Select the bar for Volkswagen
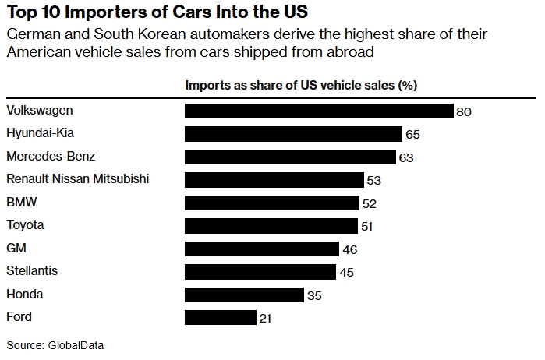(x=319, y=111)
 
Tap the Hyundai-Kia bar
(x=293, y=134)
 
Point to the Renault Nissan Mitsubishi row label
(x=77, y=179)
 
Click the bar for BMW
(x=272, y=203)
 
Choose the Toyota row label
(x=25, y=225)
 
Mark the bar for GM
(x=262, y=249)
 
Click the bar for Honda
(x=244, y=295)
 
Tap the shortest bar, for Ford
(x=221, y=318)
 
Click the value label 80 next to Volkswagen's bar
(x=465, y=112)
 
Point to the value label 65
(x=413, y=135)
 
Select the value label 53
(x=374, y=181)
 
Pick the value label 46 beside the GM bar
(x=349, y=250)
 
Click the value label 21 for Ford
(x=266, y=319)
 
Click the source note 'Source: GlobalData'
(x=55, y=344)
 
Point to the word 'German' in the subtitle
(x=28, y=35)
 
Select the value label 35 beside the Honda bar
(x=313, y=296)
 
